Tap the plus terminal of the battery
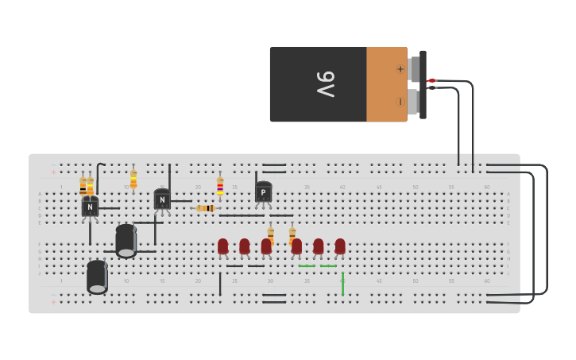pos(400,69)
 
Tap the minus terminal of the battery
pos(400,101)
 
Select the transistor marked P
pos(263,192)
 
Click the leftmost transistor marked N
pos(90,207)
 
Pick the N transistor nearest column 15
pos(162,199)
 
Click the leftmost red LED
pos(223,246)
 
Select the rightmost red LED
pos(340,246)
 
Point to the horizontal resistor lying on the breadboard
pos(206,208)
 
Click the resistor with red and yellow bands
pos(220,186)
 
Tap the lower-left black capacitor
pos(97,277)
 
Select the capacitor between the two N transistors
pos(126,240)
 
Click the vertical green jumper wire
pos(342,284)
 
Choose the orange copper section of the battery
pos(386,84)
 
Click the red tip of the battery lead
pos(431,80)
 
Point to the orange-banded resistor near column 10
pos(133,179)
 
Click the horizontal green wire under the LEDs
pos(318,265)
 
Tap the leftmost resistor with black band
pos(83,186)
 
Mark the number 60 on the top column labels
pos(487,188)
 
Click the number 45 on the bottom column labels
pos(379,281)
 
